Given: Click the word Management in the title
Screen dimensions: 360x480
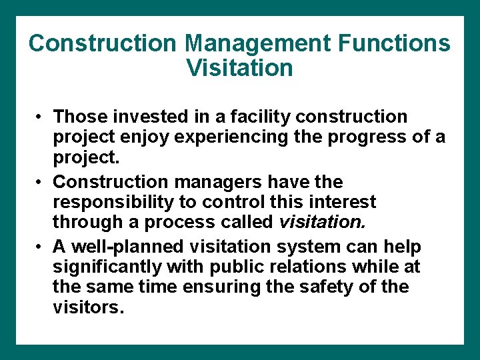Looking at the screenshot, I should point(258,44).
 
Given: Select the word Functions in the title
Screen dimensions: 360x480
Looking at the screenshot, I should point(394,44).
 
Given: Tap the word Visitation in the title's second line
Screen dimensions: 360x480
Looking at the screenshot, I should point(239,68).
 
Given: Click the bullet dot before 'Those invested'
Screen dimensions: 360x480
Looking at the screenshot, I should point(41,117).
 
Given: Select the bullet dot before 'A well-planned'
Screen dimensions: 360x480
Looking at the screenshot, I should point(41,247).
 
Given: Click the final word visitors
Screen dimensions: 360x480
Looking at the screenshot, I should point(89,309).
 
